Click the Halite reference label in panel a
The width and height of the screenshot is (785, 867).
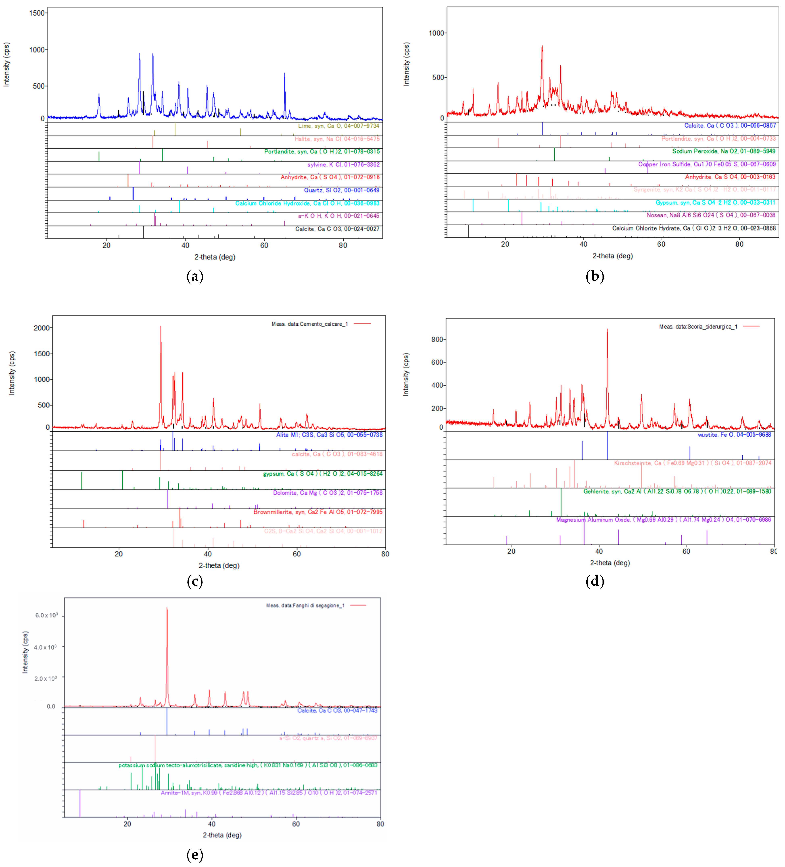[x=337, y=139]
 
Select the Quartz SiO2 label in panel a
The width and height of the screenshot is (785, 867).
[x=342, y=190]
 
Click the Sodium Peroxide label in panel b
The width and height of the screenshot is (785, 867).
[x=723, y=151]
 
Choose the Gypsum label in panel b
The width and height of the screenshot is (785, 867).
[x=715, y=203]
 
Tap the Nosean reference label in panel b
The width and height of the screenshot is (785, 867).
[x=711, y=215]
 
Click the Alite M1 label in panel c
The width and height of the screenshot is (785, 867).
[x=329, y=435]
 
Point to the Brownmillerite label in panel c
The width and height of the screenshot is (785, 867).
[x=317, y=512]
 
